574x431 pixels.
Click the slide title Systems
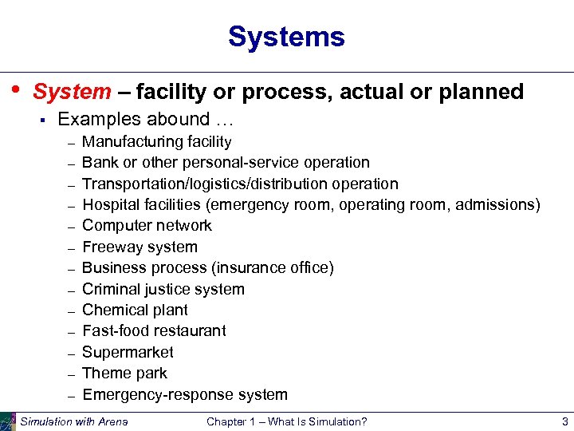(x=286, y=37)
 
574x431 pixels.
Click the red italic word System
(x=72, y=92)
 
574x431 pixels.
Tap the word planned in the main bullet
(x=481, y=92)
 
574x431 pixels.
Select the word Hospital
(x=110, y=205)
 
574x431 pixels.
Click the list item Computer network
(x=147, y=226)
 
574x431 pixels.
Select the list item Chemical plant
(x=135, y=310)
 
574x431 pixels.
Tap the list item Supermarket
(x=128, y=352)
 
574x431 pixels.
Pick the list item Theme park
(x=124, y=374)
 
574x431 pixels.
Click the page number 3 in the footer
(x=564, y=421)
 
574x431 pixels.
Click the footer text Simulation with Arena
(x=73, y=421)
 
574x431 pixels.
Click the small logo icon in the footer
(x=8, y=421)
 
